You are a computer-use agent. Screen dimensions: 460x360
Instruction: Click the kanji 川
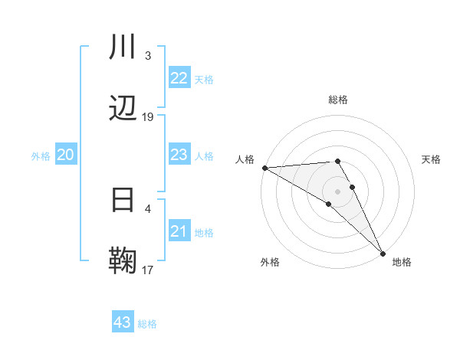coord(123,47)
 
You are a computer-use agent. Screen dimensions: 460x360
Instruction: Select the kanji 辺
coord(123,108)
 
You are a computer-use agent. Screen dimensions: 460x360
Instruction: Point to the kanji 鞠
coord(123,260)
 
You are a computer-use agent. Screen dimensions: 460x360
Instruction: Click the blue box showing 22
coord(179,78)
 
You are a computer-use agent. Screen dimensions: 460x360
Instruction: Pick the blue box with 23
coord(179,155)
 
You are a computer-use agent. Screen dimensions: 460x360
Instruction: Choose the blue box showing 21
coord(179,231)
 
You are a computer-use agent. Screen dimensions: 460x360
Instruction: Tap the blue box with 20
coord(65,155)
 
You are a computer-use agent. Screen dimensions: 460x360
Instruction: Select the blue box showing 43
coord(123,322)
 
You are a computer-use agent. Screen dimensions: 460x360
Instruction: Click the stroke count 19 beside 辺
coord(148,117)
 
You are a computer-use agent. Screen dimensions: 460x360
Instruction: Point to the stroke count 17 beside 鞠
coord(148,270)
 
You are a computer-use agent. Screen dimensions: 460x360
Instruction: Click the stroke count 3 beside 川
coord(148,56)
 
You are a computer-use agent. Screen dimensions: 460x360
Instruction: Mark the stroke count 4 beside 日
coord(148,208)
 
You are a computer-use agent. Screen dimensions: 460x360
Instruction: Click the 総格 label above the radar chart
coord(338,100)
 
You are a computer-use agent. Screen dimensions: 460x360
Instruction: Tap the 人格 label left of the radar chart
coord(245,159)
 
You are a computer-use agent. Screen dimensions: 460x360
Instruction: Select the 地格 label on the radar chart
coord(402,262)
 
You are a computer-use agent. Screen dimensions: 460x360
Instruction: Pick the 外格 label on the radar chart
coord(270,262)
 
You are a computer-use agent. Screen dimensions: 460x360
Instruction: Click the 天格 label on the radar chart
coord(431,159)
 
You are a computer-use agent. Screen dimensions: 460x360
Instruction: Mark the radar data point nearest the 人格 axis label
coord(264,168)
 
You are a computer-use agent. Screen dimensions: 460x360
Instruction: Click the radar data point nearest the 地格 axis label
coord(383,252)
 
